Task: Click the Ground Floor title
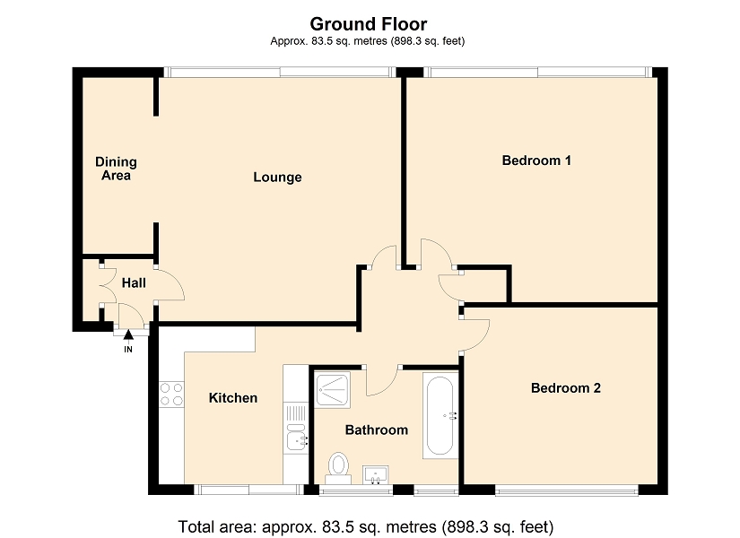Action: (368, 24)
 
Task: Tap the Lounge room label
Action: (277, 177)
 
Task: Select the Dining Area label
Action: (116, 169)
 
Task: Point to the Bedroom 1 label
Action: (536, 161)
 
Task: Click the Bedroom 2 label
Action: (566, 388)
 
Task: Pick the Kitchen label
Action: (233, 398)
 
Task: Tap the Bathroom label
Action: (377, 430)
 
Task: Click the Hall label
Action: (134, 283)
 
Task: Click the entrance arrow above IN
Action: (128, 334)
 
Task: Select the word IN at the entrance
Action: (128, 350)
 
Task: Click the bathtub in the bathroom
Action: (440, 415)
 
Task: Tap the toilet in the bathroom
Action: (338, 469)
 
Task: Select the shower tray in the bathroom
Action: (333, 390)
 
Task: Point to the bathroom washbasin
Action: (376, 474)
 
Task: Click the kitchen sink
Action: (296, 437)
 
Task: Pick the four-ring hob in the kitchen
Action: (171, 395)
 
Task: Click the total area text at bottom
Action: (366, 526)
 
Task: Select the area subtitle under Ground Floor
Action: (368, 41)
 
